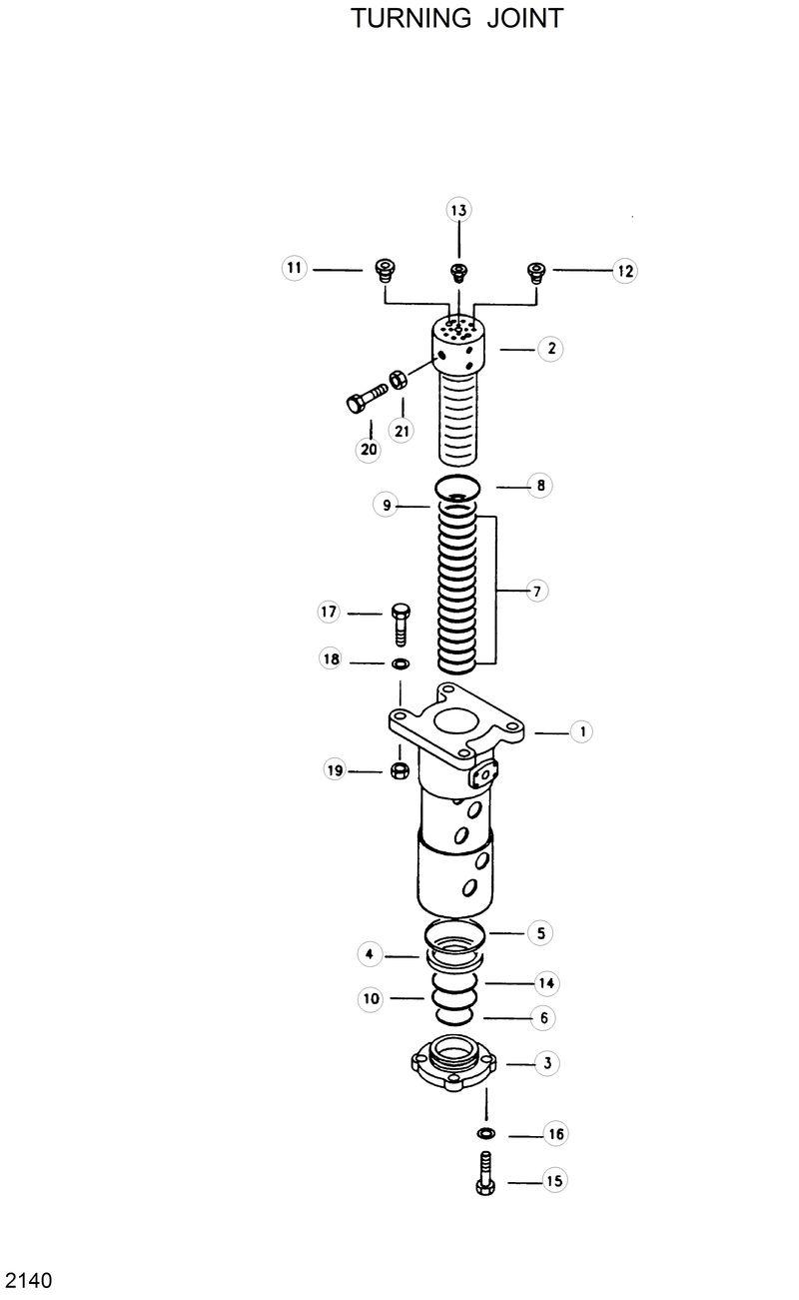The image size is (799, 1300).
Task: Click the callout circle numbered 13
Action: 458,210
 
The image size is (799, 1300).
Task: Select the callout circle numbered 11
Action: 294,268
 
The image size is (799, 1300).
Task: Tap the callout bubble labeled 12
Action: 625,271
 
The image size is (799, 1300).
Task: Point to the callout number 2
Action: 550,349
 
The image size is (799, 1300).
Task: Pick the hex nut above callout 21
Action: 397,380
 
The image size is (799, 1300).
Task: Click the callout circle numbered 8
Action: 540,487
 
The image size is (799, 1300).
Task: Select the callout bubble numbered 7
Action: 536,592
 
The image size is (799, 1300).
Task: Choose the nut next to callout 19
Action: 399,770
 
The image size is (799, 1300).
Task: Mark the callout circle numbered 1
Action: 580,732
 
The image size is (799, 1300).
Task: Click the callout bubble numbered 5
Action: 540,933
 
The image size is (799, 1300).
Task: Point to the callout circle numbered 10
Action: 372,998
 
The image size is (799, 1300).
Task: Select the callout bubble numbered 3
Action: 546,1063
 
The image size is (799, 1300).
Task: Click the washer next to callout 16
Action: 485,1134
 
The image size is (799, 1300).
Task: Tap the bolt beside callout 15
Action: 485,1173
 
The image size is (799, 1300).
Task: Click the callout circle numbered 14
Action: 546,983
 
